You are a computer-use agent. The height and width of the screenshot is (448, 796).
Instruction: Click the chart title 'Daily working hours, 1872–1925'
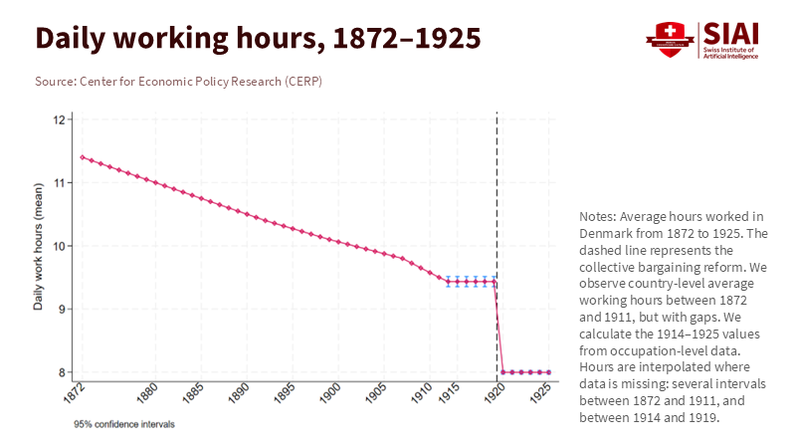pos(258,38)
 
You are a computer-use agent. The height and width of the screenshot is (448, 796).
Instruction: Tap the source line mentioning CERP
pos(178,81)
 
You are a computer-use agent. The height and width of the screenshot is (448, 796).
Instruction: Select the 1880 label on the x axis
pos(146,393)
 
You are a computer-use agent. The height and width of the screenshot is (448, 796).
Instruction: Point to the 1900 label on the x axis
pos(329,393)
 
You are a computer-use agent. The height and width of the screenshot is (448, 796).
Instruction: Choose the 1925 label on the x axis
pos(540,393)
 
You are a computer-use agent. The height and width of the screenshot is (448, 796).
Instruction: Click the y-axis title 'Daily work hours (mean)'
pos(39,246)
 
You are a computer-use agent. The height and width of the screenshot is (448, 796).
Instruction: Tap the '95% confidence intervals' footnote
pos(124,424)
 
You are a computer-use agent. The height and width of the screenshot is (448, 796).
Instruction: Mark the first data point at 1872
pos(83,157)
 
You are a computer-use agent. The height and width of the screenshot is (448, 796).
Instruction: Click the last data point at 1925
pos(549,372)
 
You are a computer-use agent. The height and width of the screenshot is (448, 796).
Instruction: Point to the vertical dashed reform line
pos(497,199)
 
